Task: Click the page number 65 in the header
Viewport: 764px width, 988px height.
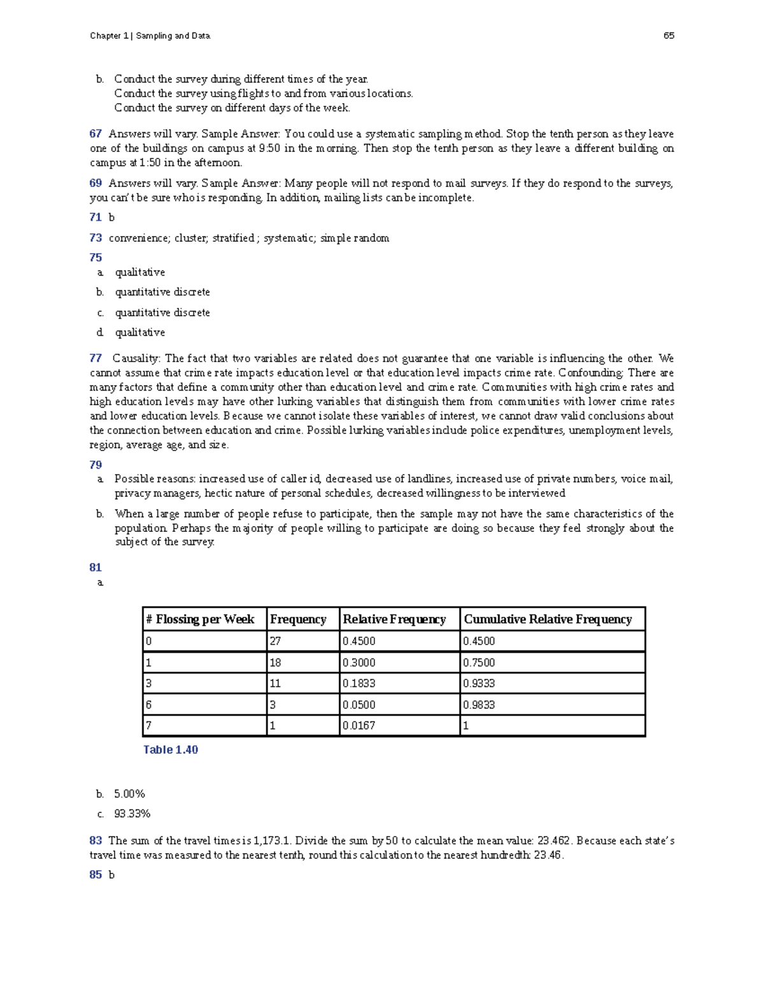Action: tap(668, 36)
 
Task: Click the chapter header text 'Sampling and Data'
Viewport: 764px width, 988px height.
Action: tap(173, 36)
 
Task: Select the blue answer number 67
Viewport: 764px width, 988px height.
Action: tap(95, 134)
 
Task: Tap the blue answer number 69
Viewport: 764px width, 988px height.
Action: tap(95, 183)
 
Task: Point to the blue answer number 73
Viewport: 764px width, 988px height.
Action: tap(95, 238)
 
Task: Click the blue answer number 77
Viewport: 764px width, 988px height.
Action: tap(95, 358)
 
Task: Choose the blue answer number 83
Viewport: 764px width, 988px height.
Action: tap(95, 840)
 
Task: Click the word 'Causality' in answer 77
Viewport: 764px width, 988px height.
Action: tap(136, 358)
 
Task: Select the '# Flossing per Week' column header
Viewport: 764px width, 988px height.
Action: tap(200, 619)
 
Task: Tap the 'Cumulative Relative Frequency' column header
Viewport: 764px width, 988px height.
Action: tap(548, 619)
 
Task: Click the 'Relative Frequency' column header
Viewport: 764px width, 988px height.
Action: tap(394, 619)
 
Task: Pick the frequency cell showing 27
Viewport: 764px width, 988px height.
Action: tap(275, 641)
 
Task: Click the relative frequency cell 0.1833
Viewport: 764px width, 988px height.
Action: tap(358, 683)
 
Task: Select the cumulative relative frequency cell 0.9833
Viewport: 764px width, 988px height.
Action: tap(479, 705)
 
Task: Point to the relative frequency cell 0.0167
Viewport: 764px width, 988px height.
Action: tap(358, 726)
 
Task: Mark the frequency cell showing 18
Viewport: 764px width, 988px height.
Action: tap(275, 662)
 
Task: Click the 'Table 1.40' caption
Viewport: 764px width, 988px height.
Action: tap(171, 749)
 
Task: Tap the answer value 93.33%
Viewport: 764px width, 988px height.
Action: tap(132, 814)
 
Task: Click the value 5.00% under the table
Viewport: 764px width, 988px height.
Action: tap(130, 794)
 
